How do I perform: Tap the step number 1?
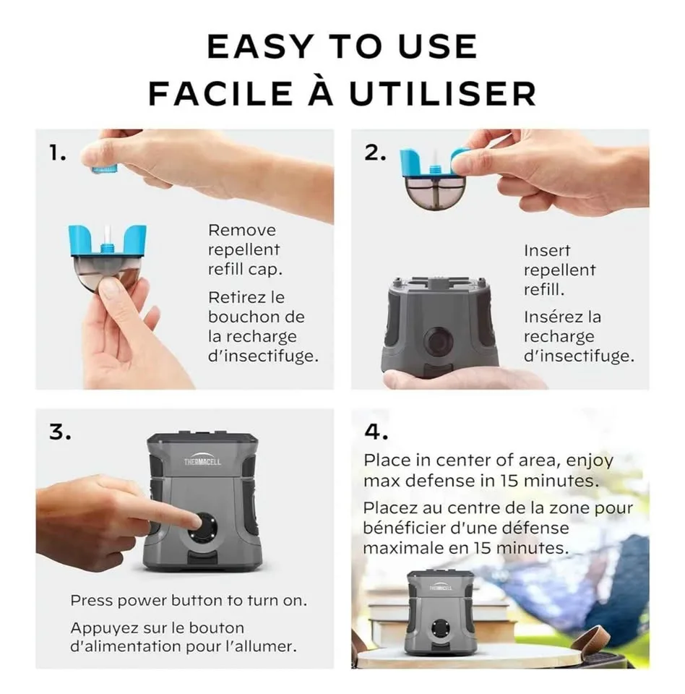56,153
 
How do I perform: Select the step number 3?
60,432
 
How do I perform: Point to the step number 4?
376,432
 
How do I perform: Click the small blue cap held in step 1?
104,169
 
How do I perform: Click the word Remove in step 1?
242,231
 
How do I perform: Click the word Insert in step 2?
547,251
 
